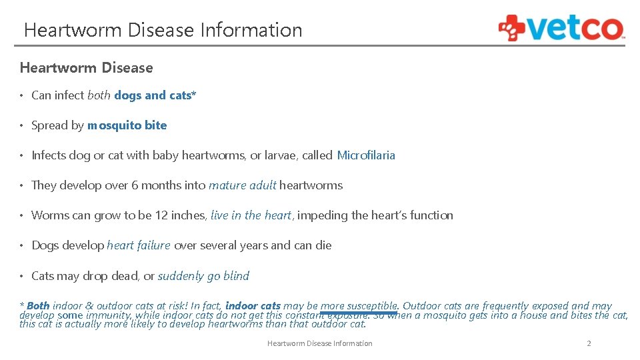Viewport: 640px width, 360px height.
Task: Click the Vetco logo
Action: tap(561, 28)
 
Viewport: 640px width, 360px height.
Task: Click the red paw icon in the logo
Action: tap(512, 28)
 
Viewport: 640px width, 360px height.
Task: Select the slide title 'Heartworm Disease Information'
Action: tap(163, 30)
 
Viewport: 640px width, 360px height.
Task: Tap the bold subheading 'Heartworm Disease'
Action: tap(86, 68)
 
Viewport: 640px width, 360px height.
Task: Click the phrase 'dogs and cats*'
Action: tap(155, 95)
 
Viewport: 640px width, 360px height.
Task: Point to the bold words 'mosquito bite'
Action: tap(127, 125)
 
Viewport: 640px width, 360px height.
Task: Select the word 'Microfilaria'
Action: tap(366, 155)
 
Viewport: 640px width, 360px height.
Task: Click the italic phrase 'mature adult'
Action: tap(242, 185)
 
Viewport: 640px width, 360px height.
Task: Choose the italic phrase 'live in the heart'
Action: tap(251, 215)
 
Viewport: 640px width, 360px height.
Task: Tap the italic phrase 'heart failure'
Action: tap(138, 245)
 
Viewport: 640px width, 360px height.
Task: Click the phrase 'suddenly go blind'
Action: tap(203, 276)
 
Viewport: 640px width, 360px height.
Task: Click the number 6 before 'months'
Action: tap(135, 185)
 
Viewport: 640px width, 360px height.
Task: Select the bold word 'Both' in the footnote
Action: tap(38, 306)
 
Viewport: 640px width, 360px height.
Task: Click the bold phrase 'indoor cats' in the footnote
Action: tap(253, 306)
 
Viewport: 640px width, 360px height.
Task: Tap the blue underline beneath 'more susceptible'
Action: tap(359, 312)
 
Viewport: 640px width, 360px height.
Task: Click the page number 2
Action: tap(589, 343)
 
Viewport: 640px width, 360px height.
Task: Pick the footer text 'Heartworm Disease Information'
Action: tap(319, 343)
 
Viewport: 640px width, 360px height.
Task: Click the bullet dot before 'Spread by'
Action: tap(23, 125)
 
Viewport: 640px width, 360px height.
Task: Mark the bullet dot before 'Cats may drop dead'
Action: tap(23, 276)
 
